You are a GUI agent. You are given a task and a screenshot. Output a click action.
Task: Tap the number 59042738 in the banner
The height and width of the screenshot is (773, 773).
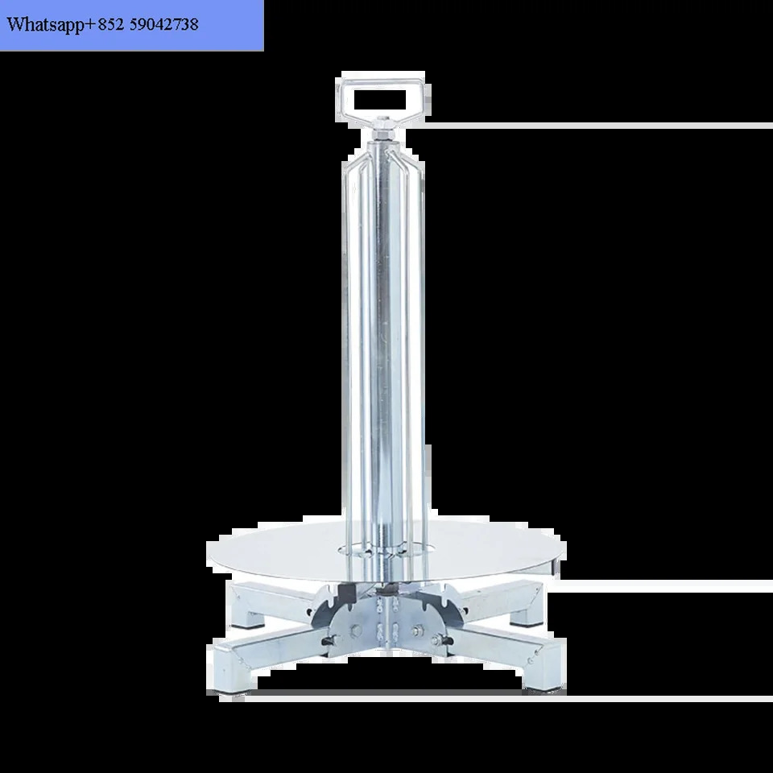click(x=163, y=24)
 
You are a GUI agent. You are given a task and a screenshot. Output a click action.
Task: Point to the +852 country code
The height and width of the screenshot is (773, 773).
click(x=105, y=24)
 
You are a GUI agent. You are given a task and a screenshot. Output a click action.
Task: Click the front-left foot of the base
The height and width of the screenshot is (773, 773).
click(x=235, y=672)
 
